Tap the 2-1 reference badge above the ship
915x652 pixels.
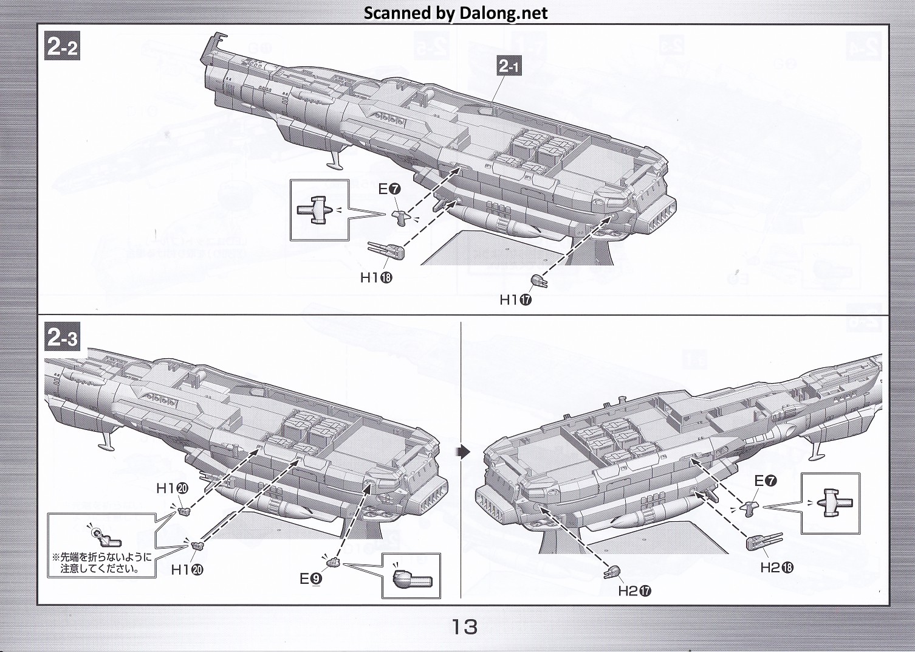click(x=509, y=66)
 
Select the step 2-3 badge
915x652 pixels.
click(x=63, y=338)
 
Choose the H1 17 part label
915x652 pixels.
click(x=515, y=299)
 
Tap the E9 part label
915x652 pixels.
click(x=310, y=579)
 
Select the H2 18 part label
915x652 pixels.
click(x=776, y=567)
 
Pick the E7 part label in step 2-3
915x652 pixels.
click(x=765, y=481)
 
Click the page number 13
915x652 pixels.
click(x=464, y=626)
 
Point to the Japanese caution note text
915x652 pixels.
click(x=101, y=563)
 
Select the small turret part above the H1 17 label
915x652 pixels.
click(x=539, y=280)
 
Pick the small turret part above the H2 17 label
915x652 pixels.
click(x=612, y=572)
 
